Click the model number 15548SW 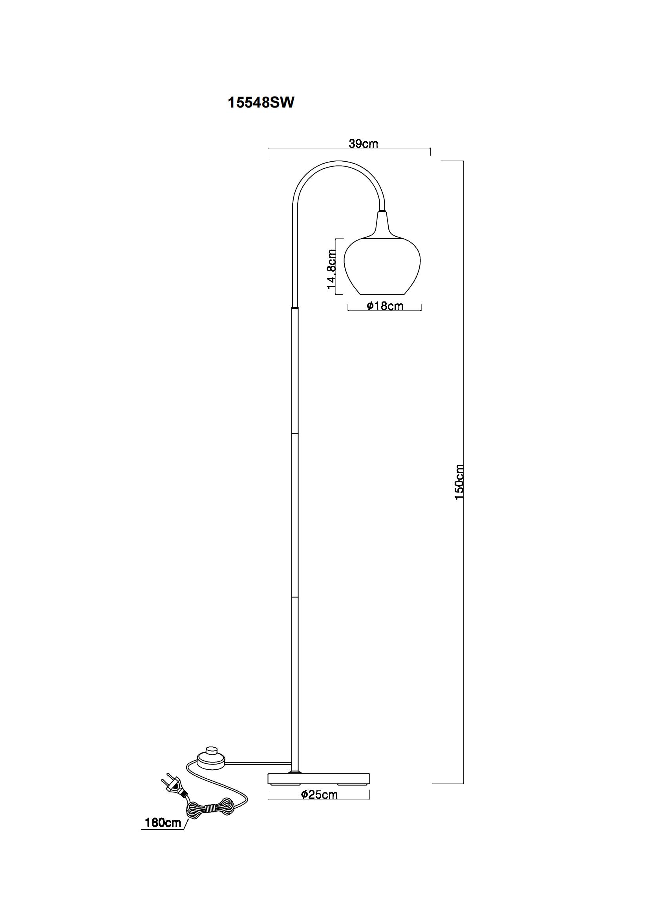point(261,103)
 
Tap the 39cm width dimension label point(363,144)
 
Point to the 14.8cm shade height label point(331,270)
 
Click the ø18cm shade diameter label point(385,306)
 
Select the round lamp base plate point(319,778)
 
